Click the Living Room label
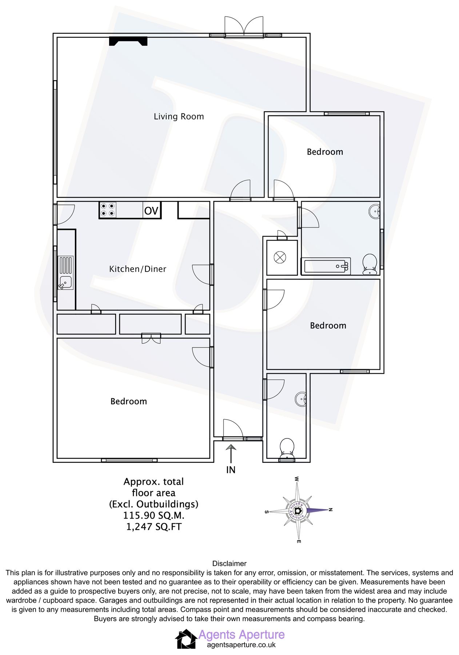[x=179, y=116]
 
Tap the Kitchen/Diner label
[x=137, y=269]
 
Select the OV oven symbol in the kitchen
[x=151, y=211]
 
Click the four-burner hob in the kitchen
[x=108, y=210]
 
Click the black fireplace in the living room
[x=128, y=41]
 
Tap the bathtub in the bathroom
[x=326, y=266]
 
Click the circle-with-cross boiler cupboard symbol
[x=280, y=258]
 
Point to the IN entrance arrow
[x=231, y=453]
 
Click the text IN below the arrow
[x=231, y=470]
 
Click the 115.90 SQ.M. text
[x=153, y=515]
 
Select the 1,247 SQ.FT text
[x=153, y=527]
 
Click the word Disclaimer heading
[x=229, y=564]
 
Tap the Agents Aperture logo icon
[x=186, y=639]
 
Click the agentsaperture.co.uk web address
[x=241, y=645]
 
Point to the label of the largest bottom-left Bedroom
[x=128, y=401]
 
